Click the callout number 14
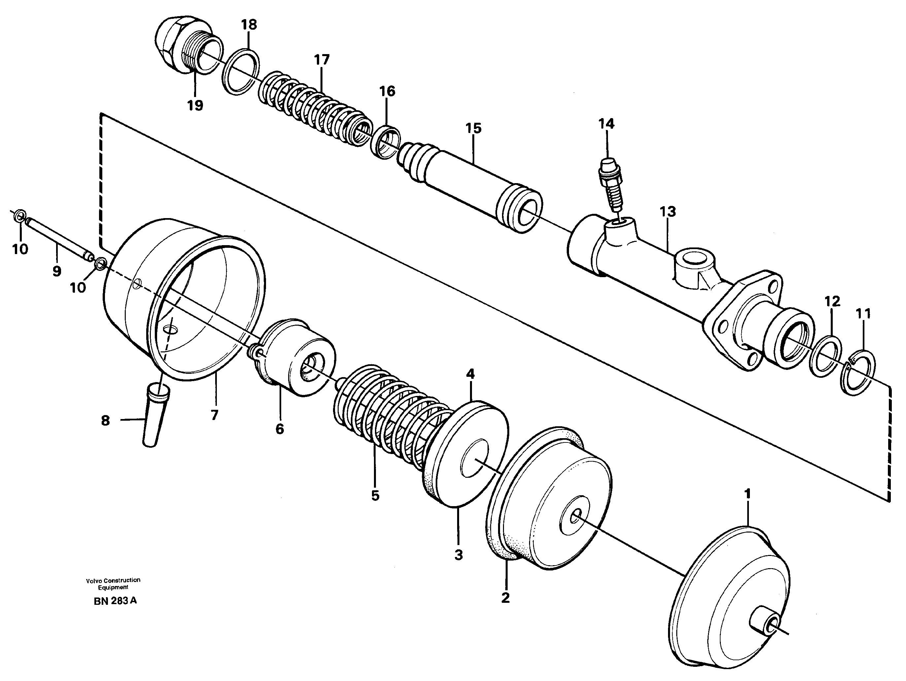tap(606, 124)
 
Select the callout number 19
tap(195, 106)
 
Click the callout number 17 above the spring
tap(322, 60)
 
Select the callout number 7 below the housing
tap(214, 415)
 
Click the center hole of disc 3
tap(474, 459)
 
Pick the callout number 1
tap(748, 494)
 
